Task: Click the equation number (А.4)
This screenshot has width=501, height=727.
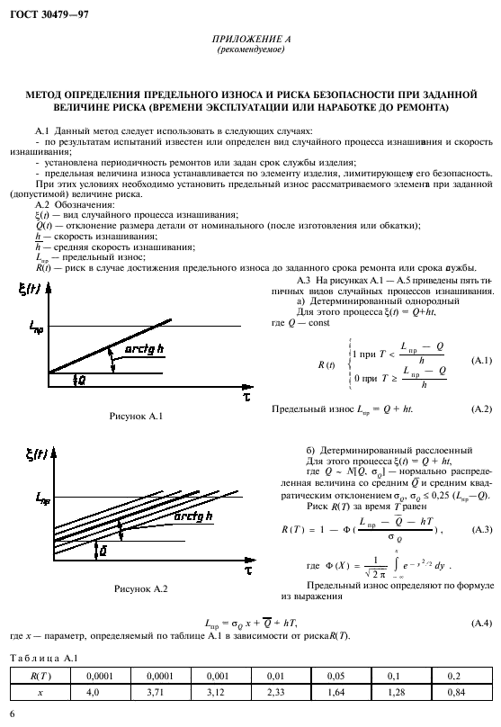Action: tap(482, 623)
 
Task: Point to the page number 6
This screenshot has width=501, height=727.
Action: tap(11, 713)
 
